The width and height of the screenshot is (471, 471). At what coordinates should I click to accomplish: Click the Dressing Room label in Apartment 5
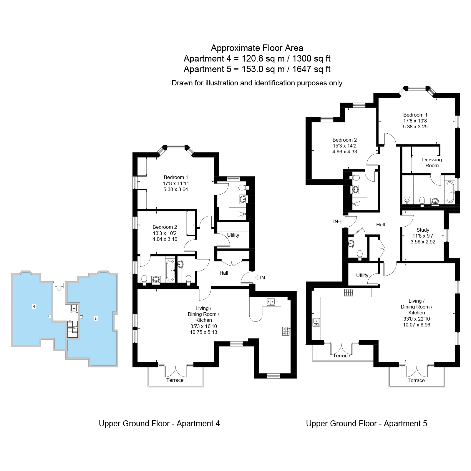(432, 162)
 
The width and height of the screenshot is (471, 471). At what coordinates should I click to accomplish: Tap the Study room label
(423, 230)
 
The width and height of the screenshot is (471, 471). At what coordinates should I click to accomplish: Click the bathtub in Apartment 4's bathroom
(170, 270)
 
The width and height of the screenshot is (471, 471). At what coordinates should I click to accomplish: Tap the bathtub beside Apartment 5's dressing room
(450, 192)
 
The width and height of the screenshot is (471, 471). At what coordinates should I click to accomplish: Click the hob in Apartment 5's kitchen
(349, 292)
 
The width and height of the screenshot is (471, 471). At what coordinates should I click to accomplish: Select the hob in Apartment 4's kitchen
(286, 331)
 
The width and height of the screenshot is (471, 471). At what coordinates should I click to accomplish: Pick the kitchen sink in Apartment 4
(271, 302)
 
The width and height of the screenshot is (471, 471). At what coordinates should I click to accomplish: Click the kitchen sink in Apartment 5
(316, 322)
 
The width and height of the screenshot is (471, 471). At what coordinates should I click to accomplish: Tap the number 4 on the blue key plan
(34, 306)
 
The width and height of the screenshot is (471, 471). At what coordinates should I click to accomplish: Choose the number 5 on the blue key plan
(96, 319)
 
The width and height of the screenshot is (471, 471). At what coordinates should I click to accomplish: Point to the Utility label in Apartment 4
(233, 235)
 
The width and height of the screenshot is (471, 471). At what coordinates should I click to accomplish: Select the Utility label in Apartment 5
(362, 275)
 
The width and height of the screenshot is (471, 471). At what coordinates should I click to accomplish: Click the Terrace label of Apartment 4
(175, 380)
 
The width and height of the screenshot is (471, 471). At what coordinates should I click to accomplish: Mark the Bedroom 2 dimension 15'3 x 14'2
(344, 146)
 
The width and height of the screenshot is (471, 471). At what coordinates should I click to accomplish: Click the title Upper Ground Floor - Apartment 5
(366, 423)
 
